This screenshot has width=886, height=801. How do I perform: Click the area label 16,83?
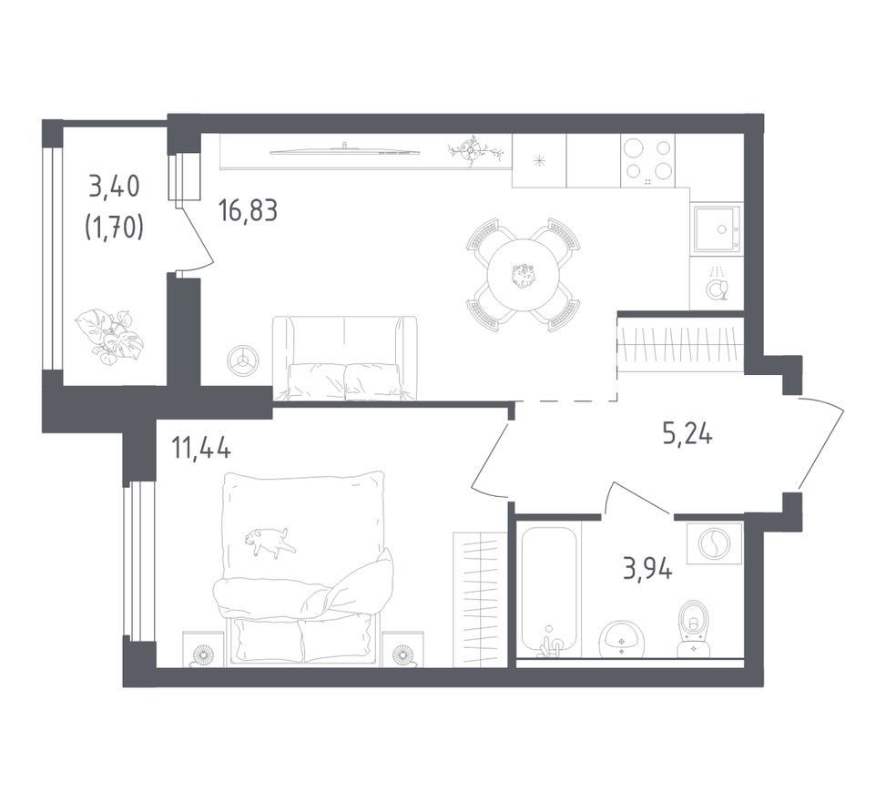click(248, 210)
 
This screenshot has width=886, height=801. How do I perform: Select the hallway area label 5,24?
click(687, 434)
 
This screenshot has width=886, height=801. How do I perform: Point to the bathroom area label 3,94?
click(647, 569)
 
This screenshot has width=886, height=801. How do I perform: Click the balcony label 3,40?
click(114, 187)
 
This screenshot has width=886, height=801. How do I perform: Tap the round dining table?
click(524, 274)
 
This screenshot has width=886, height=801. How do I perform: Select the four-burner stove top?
click(647, 160)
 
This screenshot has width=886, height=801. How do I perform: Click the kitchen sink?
click(717, 228)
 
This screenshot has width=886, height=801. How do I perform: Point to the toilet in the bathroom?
click(695, 629)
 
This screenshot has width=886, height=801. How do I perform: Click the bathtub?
click(549, 591)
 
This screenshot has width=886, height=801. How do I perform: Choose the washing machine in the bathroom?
click(715, 542)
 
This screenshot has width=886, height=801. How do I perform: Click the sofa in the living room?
click(345, 358)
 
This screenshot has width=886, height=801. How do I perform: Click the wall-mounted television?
click(345, 149)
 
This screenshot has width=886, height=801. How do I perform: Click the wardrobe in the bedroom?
click(480, 599)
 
